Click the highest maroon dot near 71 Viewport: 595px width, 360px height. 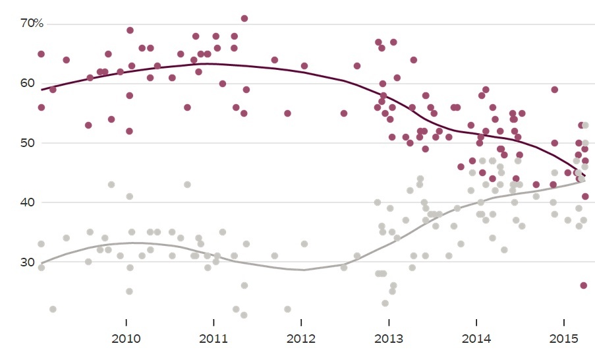coord(244,18)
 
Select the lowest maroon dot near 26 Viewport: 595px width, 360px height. coord(583,285)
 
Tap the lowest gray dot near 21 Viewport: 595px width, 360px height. coord(244,315)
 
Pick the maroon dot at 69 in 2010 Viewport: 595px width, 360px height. coord(130,30)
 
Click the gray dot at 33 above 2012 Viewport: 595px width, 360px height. coord(304,244)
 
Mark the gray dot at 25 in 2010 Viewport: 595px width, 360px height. coord(129,291)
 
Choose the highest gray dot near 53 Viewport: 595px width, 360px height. coord(585,125)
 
